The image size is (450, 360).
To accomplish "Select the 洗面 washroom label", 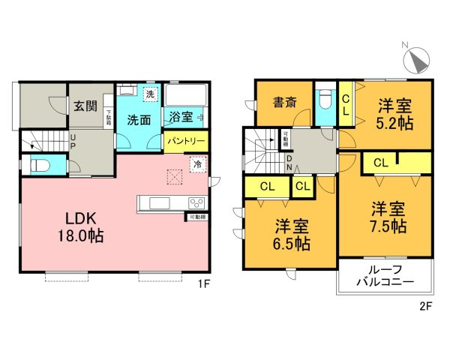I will (x=137, y=119).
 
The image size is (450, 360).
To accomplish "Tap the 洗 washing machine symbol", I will (x=150, y=94).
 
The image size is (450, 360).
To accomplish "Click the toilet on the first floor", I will (x=38, y=165).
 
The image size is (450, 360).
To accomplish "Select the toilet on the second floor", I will (x=325, y=100).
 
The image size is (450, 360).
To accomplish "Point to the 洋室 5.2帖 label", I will (x=394, y=114).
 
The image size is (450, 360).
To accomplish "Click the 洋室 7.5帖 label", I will (x=388, y=217).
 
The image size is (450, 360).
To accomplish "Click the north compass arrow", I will (x=416, y=56).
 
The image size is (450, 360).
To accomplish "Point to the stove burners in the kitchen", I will (x=196, y=202).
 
